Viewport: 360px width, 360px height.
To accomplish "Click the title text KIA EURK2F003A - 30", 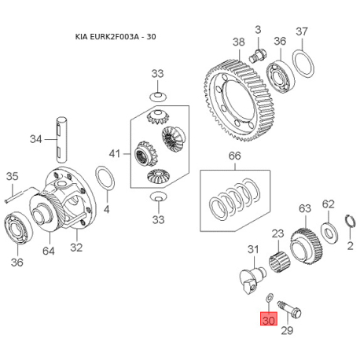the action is [x=116, y=36].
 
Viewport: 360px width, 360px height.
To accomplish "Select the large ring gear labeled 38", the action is [x=238, y=101].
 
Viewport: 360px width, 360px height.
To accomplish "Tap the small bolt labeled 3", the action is [x=258, y=56].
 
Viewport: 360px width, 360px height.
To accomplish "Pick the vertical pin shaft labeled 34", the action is [x=61, y=139].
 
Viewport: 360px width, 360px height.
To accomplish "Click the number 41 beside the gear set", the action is [x=115, y=153].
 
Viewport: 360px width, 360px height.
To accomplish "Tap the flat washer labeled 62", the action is [x=329, y=233].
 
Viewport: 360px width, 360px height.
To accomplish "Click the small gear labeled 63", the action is [x=307, y=246].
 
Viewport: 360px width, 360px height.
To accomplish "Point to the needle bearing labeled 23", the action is [x=280, y=261].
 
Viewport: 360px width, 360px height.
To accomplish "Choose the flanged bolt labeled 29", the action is [x=289, y=309].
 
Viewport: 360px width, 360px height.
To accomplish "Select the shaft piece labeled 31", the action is [x=252, y=280].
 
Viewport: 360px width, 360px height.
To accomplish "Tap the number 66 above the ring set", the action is [x=234, y=156].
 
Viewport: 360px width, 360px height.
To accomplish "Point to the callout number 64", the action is [x=49, y=251].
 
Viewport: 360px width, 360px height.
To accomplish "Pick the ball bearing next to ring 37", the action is [x=281, y=76].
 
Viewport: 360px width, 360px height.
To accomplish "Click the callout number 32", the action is [x=76, y=248].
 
